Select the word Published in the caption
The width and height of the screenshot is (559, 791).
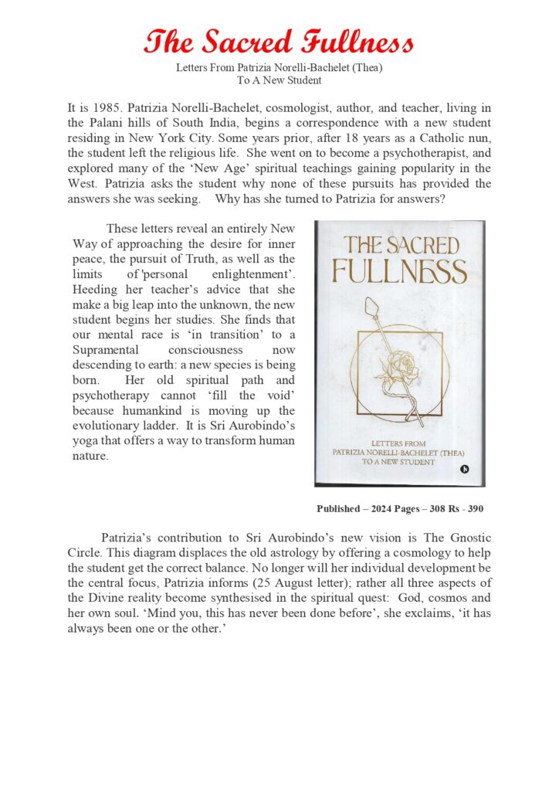click(x=338, y=509)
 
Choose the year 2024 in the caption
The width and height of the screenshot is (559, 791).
click(x=383, y=509)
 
